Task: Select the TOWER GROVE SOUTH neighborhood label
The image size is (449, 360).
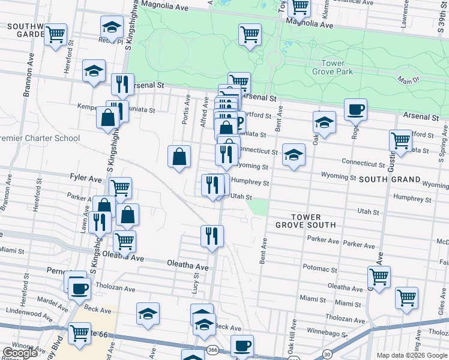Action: (306, 221)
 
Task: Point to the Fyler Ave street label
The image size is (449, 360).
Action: (86, 179)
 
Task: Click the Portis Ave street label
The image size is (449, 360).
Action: (187, 109)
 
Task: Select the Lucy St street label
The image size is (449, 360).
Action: (195, 281)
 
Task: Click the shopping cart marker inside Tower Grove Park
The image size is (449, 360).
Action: (250, 34)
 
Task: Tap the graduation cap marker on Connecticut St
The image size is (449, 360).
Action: (294, 155)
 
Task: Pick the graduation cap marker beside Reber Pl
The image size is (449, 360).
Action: (111, 28)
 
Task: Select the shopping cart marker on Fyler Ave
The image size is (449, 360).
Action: (120, 188)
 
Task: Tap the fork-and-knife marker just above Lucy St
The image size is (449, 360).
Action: (212, 235)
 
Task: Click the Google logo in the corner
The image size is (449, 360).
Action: (20, 353)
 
